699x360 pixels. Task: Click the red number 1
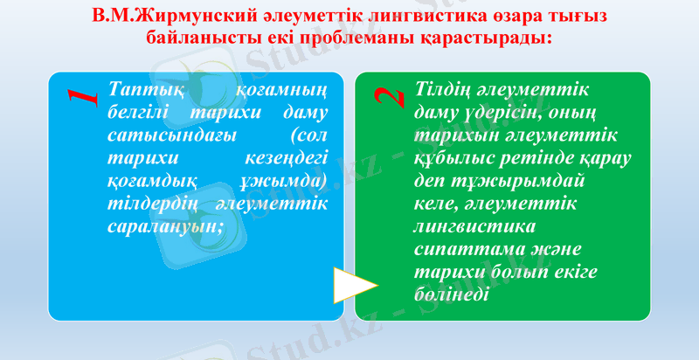pyautogui.click(x=82, y=95)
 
